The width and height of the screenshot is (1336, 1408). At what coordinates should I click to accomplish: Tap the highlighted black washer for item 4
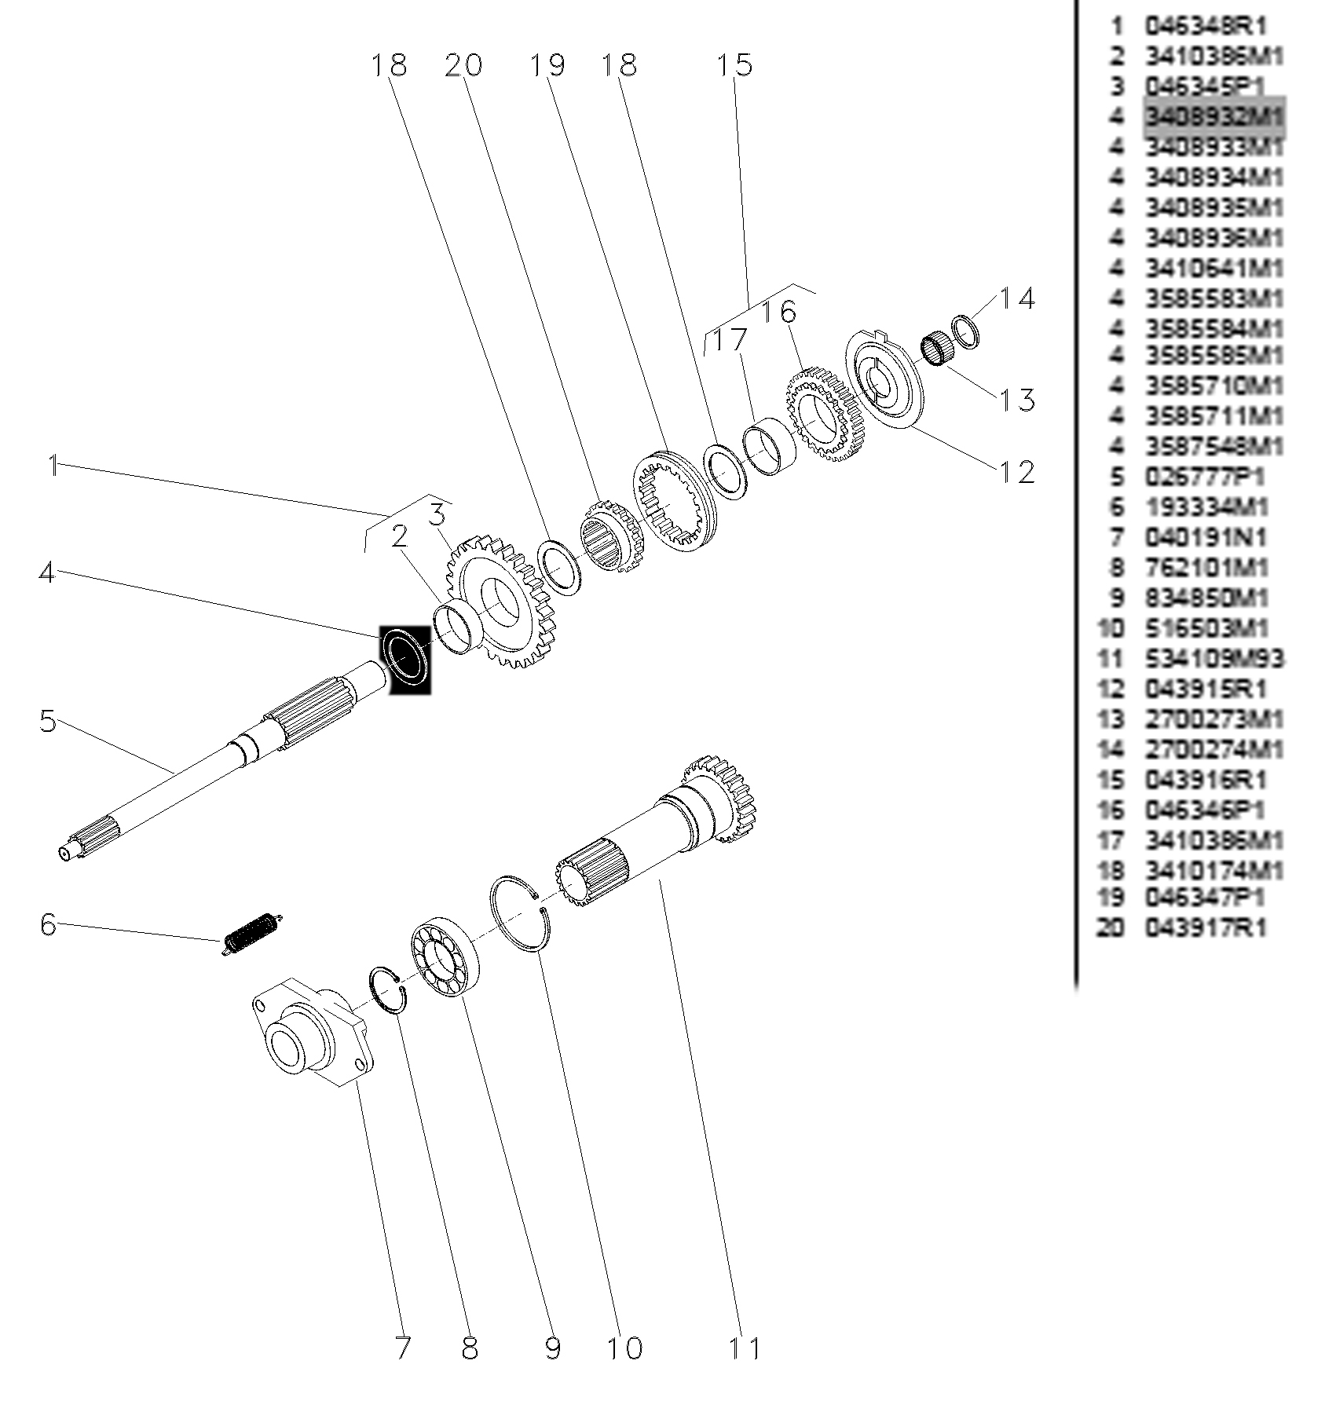coord(406,657)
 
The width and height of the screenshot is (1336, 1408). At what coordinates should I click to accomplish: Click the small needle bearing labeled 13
coord(935,349)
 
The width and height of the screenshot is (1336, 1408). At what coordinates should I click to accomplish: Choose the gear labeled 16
coord(822,413)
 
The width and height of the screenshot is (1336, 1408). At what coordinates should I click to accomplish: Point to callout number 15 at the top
coord(734,64)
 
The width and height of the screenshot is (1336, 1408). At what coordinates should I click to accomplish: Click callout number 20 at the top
coord(463,64)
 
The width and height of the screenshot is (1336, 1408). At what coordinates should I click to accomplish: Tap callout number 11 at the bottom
coord(744,1348)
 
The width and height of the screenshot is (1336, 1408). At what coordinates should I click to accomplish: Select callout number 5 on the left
coord(49,720)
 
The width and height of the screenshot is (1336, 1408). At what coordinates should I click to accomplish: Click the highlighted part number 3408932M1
coord(1213,118)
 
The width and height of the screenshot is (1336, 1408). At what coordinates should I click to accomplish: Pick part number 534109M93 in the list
coord(1213,658)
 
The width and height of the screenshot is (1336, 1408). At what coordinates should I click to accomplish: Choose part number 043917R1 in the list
coord(1206,928)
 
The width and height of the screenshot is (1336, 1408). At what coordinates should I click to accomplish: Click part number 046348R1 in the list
coord(1206,26)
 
